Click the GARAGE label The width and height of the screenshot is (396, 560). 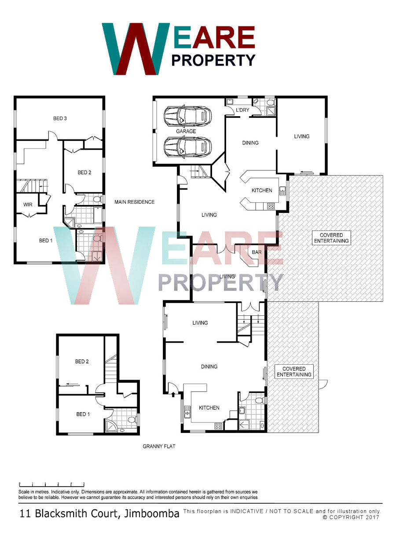pos(186,131)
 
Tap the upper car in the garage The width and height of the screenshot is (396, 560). pos(187,116)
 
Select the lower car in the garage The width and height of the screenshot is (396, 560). pos(187,147)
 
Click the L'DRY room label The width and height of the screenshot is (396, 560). pos(242,110)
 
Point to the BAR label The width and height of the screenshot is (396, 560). pos(257,252)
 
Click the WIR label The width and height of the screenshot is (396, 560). pos(28,205)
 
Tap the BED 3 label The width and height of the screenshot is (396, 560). pos(60,118)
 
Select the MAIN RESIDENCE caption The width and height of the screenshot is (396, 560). pos(135,202)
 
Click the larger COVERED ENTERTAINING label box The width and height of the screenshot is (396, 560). pos(331,238)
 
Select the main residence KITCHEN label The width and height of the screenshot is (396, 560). pos(262,190)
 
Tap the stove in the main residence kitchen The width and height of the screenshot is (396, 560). pos(271,206)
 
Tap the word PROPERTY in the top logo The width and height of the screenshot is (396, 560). pos(213,60)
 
